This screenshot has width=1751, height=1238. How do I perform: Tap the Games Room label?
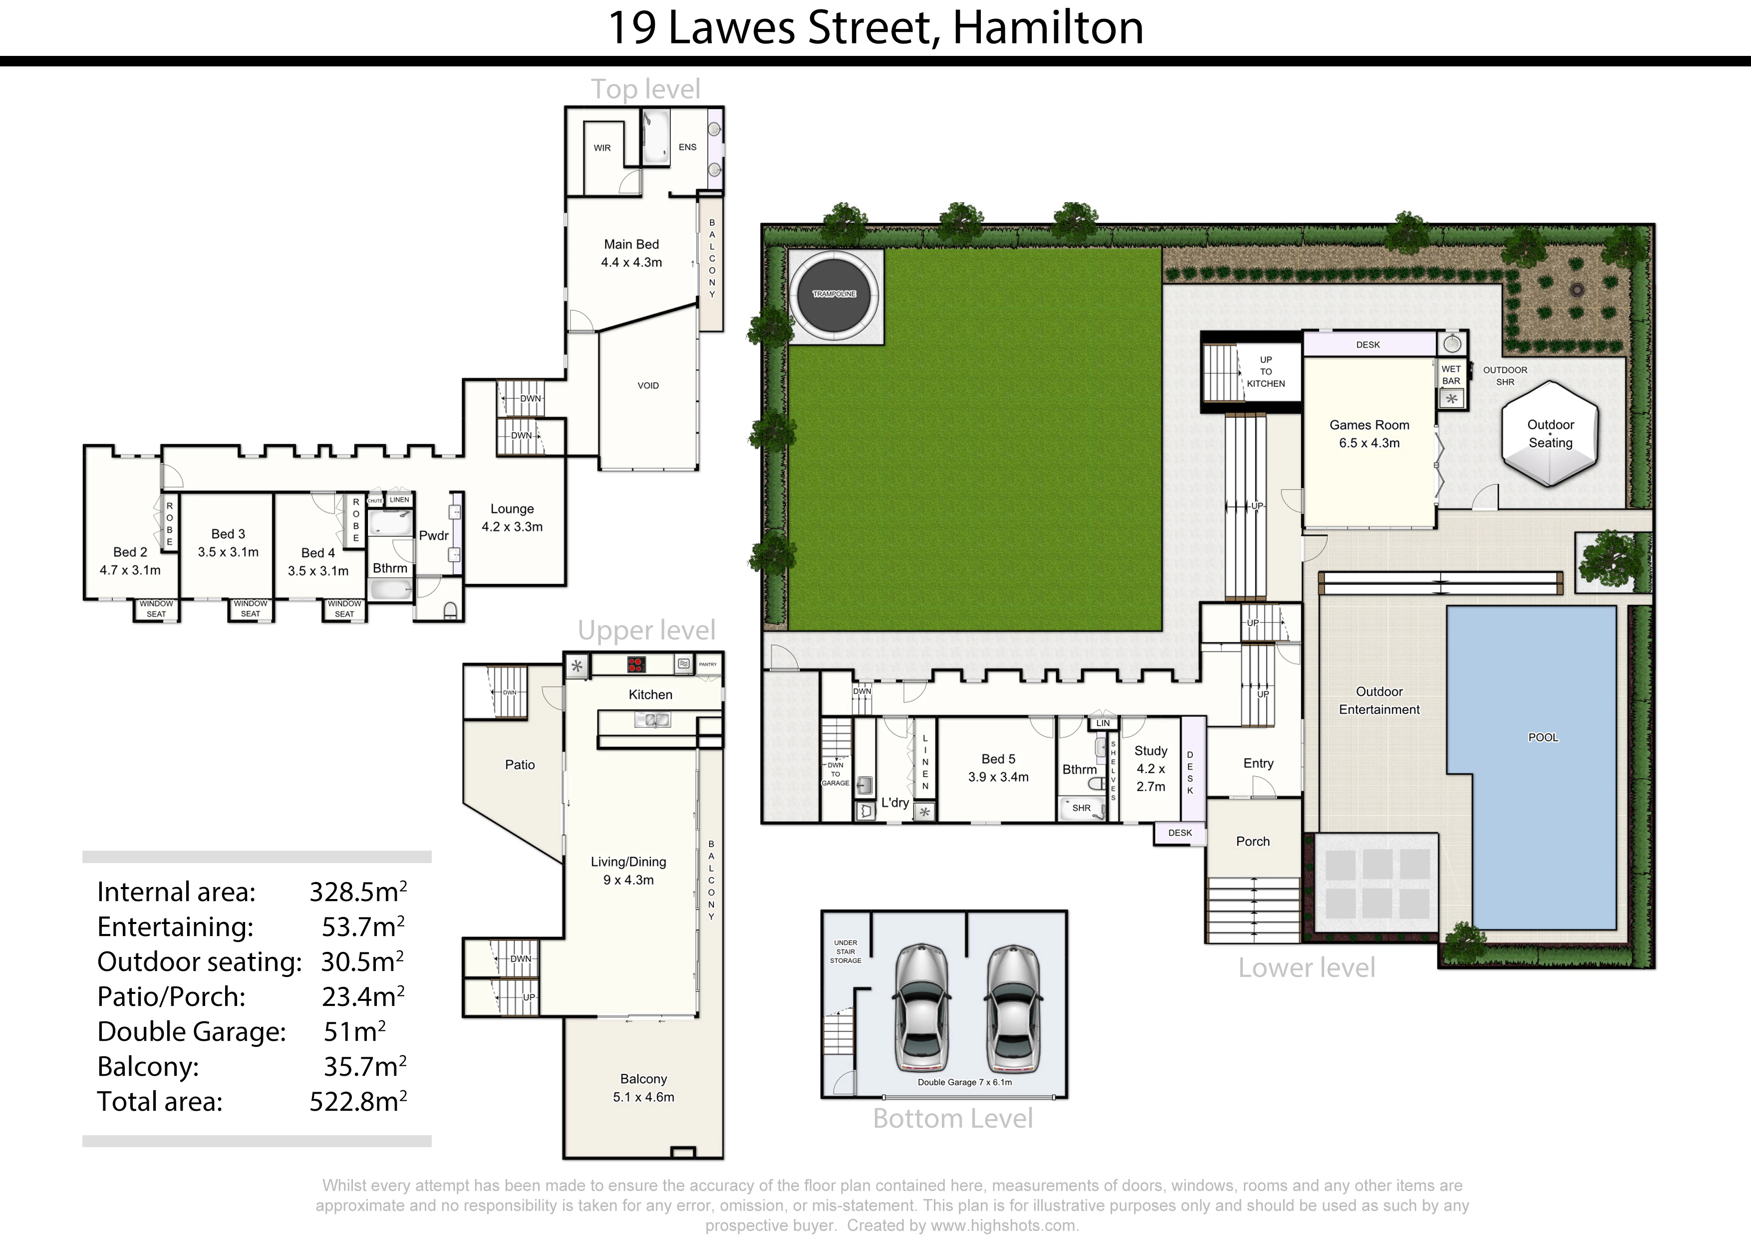coord(1369,425)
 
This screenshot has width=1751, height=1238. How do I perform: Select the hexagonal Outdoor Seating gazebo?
coord(1550,433)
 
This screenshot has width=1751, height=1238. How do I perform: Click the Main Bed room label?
coord(631,244)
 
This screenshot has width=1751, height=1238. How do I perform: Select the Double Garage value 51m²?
coord(354,1031)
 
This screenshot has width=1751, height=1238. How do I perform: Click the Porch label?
coord(1252,841)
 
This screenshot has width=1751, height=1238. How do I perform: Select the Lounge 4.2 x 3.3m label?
coord(512,517)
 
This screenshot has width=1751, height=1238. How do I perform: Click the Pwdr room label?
coord(433,536)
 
